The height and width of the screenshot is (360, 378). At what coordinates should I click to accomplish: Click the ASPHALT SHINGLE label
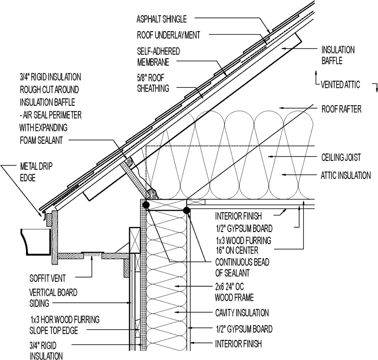[x=161, y=20]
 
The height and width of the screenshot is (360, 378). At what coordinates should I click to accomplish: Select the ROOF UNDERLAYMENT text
[x=168, y=35]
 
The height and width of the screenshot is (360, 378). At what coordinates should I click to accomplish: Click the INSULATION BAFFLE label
[x=338, y=55]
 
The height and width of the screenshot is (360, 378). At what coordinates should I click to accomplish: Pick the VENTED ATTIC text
[x=341, y=84]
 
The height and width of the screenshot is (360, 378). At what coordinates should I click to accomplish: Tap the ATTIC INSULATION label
[x=346, y=175]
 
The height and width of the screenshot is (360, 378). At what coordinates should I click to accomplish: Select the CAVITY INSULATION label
[x=242, y=312]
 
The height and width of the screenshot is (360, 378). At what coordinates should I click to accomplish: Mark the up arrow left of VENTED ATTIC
[x=315, y=76]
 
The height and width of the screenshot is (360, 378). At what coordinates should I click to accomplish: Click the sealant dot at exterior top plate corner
[x=146, y=205]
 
